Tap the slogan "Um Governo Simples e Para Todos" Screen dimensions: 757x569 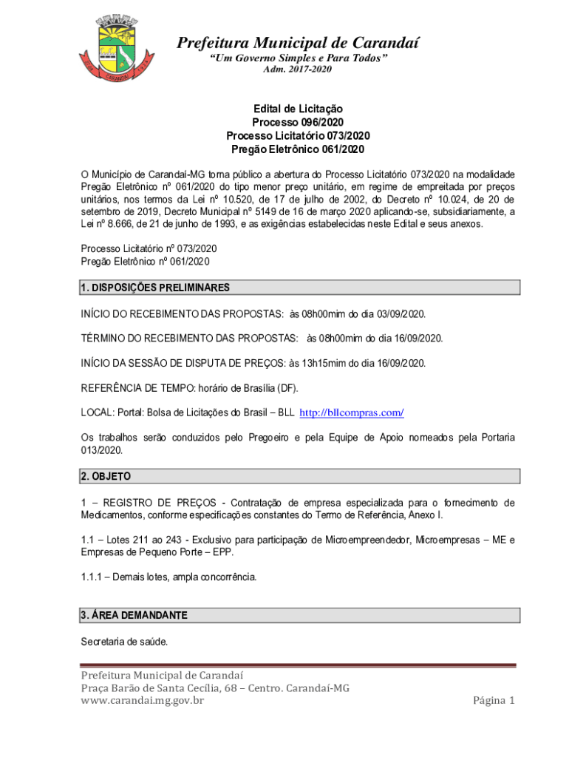298,58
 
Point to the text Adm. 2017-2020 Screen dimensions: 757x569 298,69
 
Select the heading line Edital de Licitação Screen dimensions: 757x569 298,109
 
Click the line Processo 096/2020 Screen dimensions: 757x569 298,122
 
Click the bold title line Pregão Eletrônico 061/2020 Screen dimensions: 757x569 298,149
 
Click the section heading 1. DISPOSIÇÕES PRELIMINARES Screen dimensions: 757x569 155,288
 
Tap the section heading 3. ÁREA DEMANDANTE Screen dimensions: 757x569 134,615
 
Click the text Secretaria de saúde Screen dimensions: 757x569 124,642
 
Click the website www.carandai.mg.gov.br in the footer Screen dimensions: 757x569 142,700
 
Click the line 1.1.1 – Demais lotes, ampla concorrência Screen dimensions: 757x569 169,577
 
